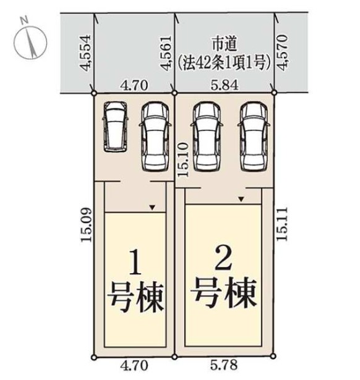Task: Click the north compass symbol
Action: tap(30, 43)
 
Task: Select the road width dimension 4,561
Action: tap(166, 53)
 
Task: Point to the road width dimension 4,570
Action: tap(283, 53)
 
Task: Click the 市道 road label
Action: tap(225, 44)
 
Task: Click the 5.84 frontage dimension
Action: tap(225, 85)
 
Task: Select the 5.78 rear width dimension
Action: tap(224, 365)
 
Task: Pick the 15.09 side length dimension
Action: tap(87, 225)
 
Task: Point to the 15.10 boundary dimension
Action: tap(183, 160)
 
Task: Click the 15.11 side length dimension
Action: tap(282, 224)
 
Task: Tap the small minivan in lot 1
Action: tap(116, 127)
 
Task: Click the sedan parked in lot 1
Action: tap(155, 137)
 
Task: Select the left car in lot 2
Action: tap(207, 137)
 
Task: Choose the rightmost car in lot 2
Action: tap(254, 137)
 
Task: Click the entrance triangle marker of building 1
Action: tap(152, 208)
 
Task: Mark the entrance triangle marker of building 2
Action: tap(241, 200)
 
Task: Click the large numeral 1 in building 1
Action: tap(135, 263)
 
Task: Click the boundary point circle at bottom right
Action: tap(273, 357)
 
